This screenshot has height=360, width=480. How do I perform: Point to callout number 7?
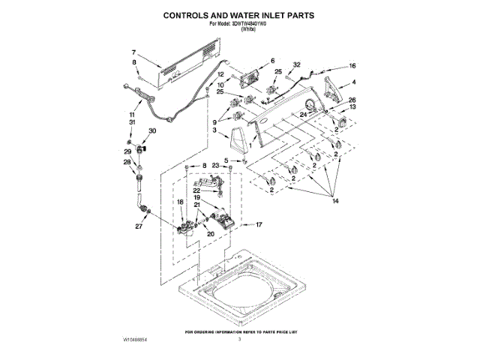point(134,52)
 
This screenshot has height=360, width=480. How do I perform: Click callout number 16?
point(353,65)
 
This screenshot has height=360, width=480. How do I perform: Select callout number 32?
point(297,64)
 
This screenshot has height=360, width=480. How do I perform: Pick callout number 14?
point(336,201)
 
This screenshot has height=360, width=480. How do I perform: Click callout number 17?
point(259,224)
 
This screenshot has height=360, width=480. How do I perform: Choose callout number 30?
point(153,130)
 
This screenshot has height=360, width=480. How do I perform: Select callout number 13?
point(353,107)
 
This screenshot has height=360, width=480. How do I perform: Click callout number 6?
point(273,60)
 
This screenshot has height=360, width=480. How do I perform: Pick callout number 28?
point(127,162)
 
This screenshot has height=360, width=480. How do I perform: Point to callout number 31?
point(132,121)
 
